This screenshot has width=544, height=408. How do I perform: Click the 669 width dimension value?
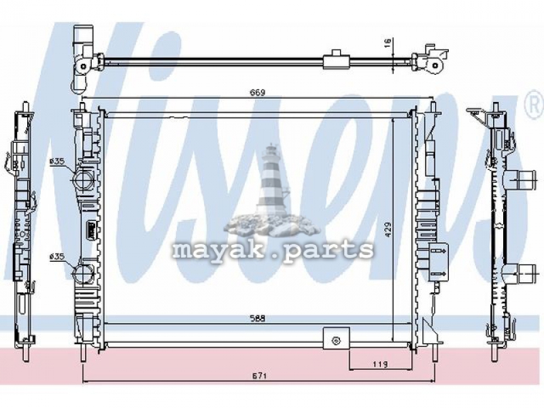(x=258, y=92)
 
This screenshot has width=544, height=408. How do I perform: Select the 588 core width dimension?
(x=258, y=319)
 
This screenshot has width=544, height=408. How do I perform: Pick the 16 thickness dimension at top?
(x=388, y=42)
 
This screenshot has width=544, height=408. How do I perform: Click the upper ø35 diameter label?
(x=57, y=161)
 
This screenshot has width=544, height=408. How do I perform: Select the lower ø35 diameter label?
(x=57, y=256)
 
